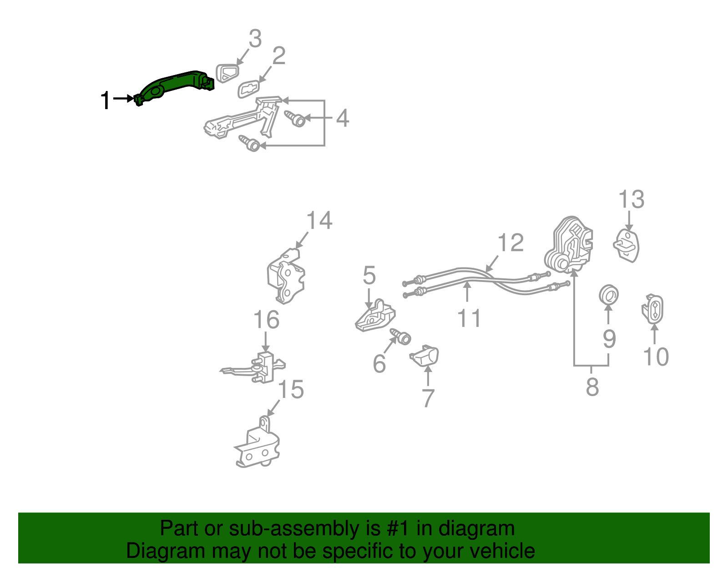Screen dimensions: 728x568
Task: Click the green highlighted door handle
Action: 174,87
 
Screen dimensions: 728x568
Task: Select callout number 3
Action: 255,39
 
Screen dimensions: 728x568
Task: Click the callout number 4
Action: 343,118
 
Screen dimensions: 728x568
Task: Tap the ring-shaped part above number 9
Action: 609,295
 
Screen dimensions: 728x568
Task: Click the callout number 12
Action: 511,242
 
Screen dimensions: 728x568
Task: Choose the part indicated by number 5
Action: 375,315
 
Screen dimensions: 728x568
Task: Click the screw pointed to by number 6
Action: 401,337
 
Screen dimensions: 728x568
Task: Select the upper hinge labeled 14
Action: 286,276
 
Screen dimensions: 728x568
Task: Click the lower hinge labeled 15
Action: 257,442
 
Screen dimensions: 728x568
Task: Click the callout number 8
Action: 592,387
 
